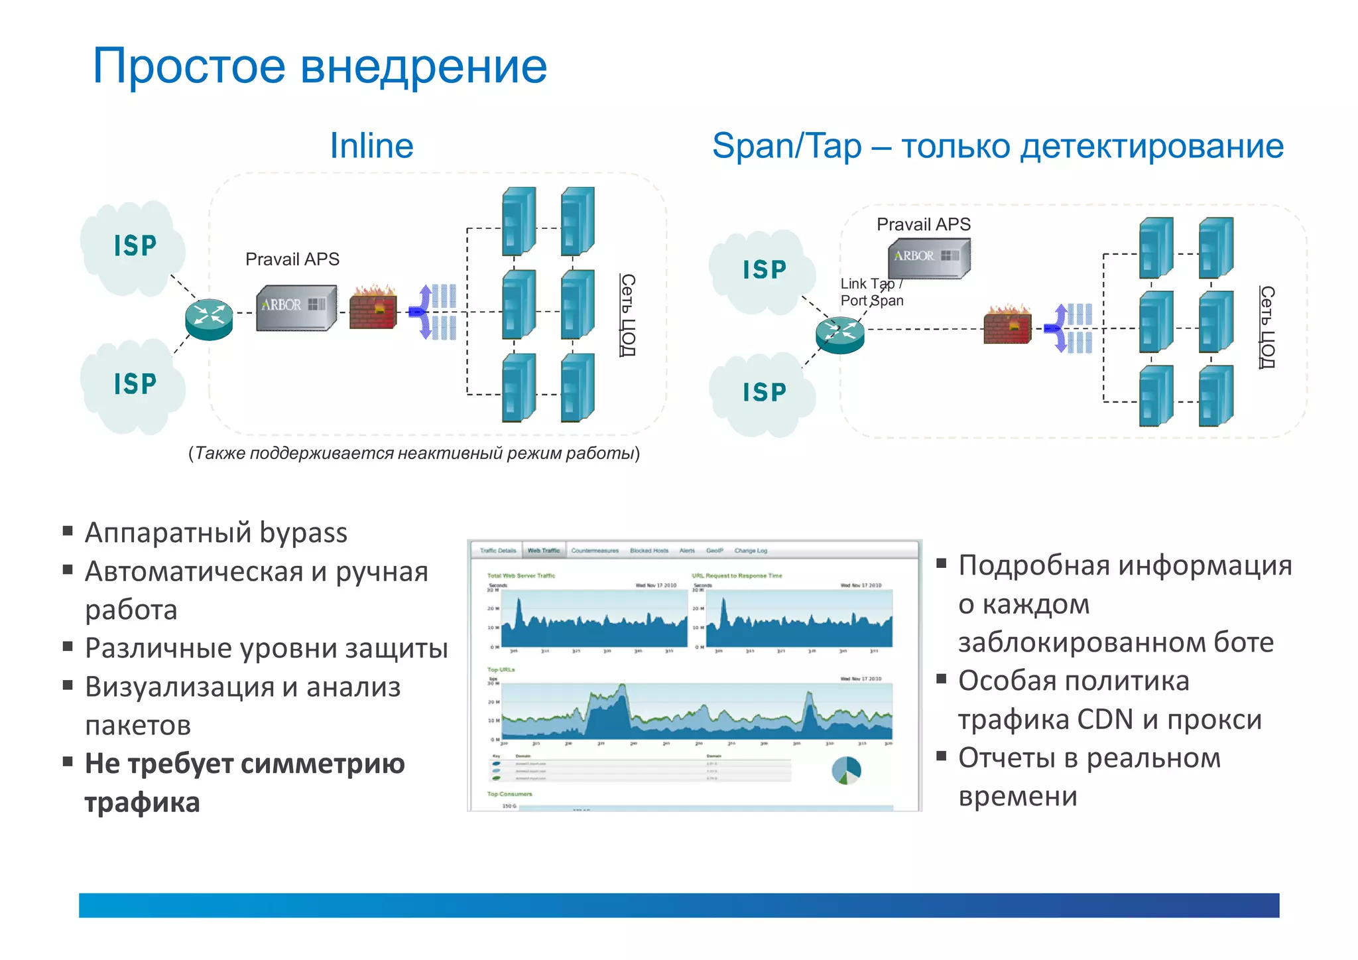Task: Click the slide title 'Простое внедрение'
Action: (320, 66)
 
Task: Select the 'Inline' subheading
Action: (371, 146)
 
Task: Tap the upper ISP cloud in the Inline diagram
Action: (135, 246)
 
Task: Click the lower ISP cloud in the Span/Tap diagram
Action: (764, 393)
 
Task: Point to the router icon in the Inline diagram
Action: (209, 318)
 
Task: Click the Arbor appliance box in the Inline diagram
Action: (296, 307)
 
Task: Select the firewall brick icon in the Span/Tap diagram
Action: (1007, 326)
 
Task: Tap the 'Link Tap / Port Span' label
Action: (871, 292)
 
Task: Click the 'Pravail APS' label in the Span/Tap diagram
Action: (923, 224)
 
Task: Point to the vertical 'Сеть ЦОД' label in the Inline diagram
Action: (627, 314)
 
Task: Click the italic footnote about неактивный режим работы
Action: (414, 453)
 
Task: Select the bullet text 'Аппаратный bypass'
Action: (216, 533)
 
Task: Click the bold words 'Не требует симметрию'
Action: (245, 764)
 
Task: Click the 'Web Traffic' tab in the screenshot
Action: (543, 551)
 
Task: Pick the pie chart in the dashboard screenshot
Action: (846, 770)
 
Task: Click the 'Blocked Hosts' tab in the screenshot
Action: (648, 551)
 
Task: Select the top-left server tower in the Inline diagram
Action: (519, 220)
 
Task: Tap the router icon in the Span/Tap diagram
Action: (840, 334)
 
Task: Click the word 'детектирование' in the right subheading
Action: (1152, 146)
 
